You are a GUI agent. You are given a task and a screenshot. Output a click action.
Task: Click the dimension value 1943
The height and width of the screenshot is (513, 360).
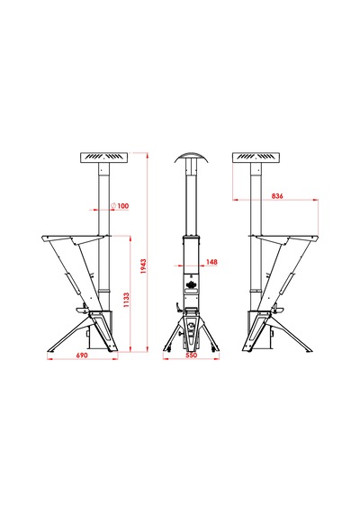point(143,266)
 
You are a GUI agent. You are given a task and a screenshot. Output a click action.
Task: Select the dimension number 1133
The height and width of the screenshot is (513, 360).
point(126,300)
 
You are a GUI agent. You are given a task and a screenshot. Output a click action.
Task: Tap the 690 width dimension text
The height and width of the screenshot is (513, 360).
point(82,355)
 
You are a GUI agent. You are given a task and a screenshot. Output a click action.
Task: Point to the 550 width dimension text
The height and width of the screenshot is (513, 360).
point(192,355)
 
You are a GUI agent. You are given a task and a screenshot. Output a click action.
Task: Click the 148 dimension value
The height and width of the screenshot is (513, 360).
point(211,262)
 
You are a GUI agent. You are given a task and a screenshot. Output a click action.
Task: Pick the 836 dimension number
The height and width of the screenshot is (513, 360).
point(277,196)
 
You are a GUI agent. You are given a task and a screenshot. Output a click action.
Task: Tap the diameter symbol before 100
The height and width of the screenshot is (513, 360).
point(113,206)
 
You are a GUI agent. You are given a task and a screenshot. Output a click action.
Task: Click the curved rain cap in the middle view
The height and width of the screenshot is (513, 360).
point(191,156)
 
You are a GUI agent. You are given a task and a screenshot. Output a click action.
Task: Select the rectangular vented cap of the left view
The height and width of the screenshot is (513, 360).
point(103,157)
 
